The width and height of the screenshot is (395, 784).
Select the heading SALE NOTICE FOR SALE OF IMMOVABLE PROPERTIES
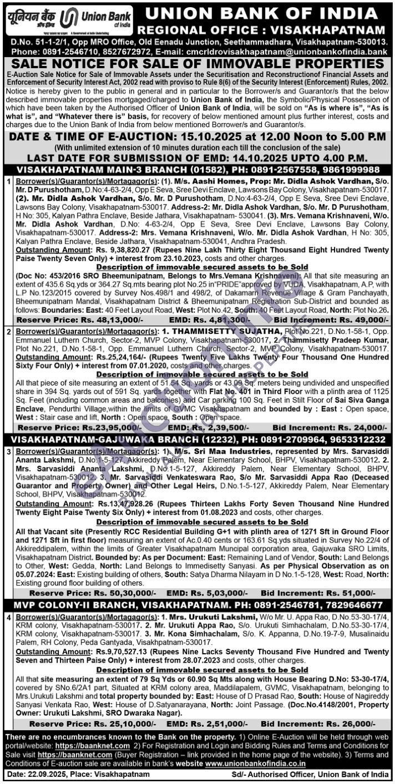coord(197,64)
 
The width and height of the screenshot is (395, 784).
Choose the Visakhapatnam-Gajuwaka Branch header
coord(197,437)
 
